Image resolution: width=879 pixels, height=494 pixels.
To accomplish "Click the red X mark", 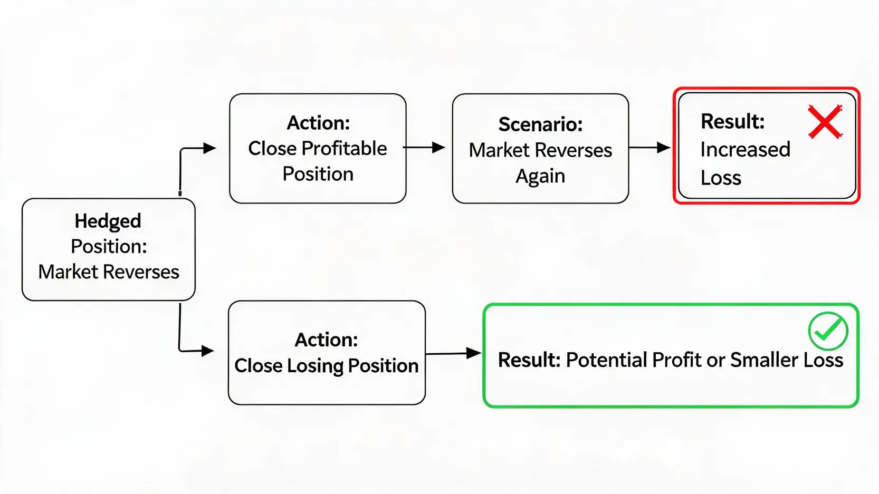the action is pos(825,122).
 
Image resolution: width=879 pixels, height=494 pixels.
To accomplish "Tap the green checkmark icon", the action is pos(828,331).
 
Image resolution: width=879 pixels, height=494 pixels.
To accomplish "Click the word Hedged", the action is pos(108,221).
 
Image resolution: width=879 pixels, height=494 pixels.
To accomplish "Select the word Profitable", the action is pos(344,149).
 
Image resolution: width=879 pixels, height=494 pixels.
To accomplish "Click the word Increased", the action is pos(745,149).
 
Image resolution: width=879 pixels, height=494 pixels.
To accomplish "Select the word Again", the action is pos(540,177).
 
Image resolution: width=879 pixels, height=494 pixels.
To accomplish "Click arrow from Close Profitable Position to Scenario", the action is pos(424,148).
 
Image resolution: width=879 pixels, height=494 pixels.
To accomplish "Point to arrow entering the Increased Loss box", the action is pos(649,148).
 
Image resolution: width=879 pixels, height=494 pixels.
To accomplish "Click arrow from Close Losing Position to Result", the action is pos(453,353).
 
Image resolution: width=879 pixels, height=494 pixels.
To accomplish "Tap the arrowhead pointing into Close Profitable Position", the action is pos(210,148).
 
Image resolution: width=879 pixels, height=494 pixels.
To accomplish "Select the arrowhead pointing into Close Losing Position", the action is pos(207,351).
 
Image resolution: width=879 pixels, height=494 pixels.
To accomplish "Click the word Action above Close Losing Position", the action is pos(326,340).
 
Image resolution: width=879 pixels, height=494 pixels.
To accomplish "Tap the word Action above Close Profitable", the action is pos(318,123).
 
